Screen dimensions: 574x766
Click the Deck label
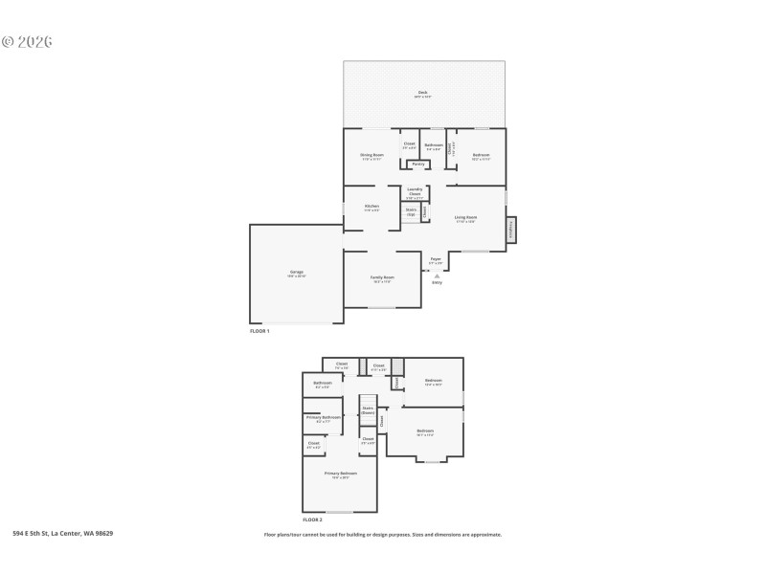(x=421, y=93)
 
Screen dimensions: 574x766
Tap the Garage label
(x=297, y=273)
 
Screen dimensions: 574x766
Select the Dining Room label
(x=372, y=155)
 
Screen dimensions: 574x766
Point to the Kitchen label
(x=372, y=207)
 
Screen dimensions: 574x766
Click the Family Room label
(x=381, y=278)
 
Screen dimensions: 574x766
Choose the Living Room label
(x=465, y=218)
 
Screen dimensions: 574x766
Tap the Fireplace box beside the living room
(x=511, y=230)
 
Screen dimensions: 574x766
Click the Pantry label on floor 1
(x=418, y=164)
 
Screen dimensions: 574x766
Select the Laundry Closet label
(x=414, y=192)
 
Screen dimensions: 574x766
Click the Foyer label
(x=436, y=259)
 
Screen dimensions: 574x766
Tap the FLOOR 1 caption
(x=259, y=331)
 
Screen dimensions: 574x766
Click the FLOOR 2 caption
(x=299, y=519)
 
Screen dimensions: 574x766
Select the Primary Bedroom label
(x=340, y=475)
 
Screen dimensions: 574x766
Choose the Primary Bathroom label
(x=324, y=418)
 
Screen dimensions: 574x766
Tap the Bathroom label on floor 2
(x=322, y=385)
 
